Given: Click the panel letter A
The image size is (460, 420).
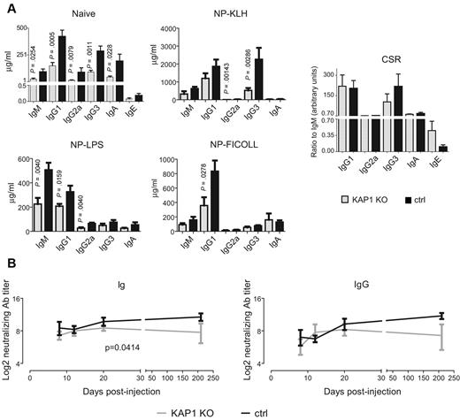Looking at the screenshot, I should coord(10,7).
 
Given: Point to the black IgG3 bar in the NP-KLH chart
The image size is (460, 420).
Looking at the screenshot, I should coord(259,80).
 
